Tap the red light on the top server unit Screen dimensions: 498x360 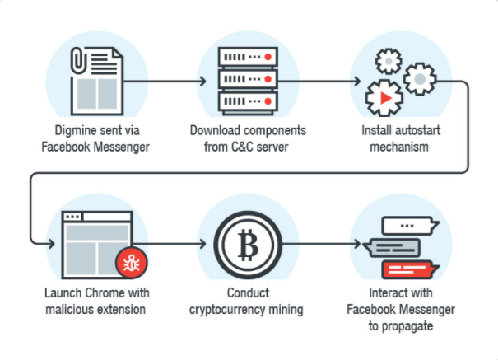[x=268, y=57]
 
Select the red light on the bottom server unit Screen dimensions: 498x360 [x=268, y=101]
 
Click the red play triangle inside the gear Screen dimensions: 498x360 [x=386, y=98]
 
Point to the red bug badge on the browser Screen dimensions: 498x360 [x=131, y=263]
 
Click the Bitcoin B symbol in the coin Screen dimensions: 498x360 [x=248, y=245]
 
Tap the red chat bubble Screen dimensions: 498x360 [x=410, y=269]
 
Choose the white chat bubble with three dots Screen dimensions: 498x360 [x=409, y=226]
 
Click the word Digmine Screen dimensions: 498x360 [x=76, y=131]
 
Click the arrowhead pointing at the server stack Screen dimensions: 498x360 [x=203, y=82]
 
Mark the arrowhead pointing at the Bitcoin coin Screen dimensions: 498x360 [x=203, y=244]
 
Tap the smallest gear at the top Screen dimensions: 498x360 [x=389, y=61]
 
